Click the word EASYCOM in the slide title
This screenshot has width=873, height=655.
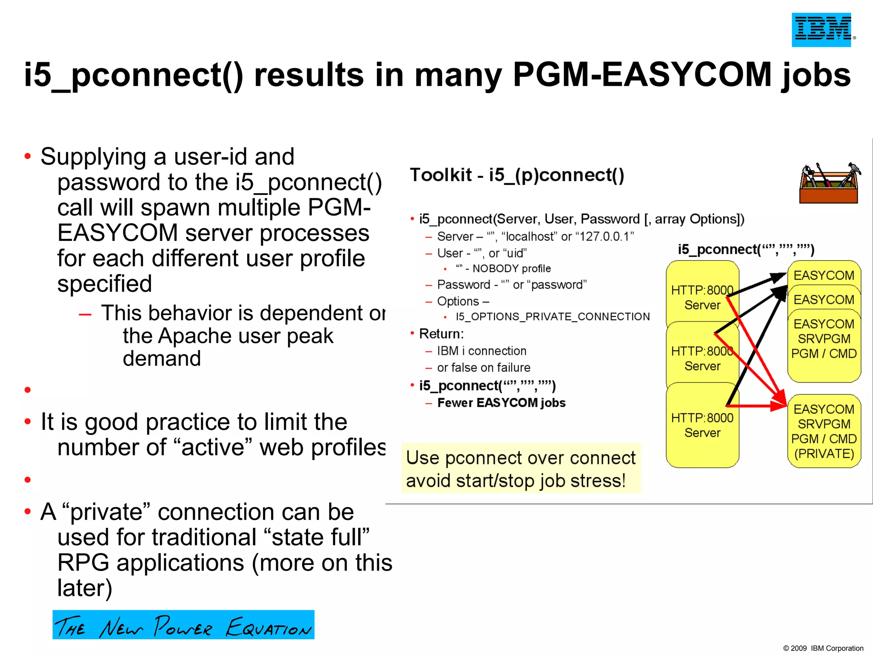tap(686, 75)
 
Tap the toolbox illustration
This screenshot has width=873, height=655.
tap(829, 183)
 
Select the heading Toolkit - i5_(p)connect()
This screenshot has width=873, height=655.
tap(517, 175)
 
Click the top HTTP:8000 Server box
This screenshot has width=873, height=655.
tap(702, 294)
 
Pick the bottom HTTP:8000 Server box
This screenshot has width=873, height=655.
tap(702, 425)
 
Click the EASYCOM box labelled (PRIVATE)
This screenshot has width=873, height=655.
tap(824, 431)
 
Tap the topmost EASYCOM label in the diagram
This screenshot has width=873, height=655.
tap(824, 275)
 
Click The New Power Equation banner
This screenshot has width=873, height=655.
tap(183, 625)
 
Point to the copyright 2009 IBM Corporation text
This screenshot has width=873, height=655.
tap(823, 648)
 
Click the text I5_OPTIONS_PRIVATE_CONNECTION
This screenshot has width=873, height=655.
tap(552, 316)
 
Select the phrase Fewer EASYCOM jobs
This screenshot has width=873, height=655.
tap(501, 403)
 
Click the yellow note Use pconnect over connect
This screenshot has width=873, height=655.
tap(520, 469)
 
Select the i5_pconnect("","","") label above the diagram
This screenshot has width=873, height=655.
tap(746, 249)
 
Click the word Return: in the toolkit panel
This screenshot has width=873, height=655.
tap(441, 334)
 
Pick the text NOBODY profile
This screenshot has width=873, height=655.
tap(511, 269)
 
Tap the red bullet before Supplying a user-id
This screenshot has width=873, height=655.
tap(28, 157)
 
